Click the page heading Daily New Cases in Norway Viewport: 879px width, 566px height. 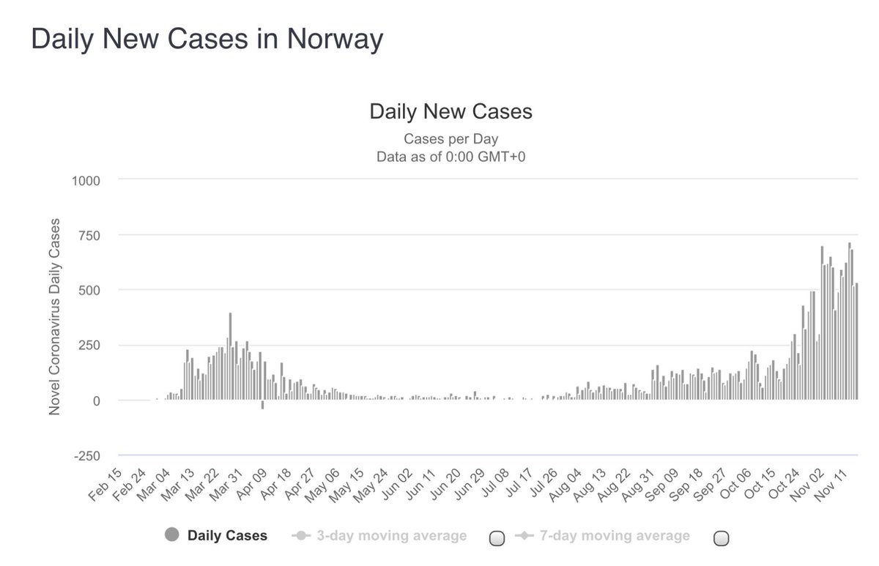[x=207, y=40]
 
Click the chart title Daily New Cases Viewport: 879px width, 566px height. [x=450, y=112]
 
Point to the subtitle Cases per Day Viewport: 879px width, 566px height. [x=450, y=139]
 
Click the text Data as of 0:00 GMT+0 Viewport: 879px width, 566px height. [x=450, y=157]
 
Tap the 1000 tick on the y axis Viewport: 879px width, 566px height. [x=86, y=180]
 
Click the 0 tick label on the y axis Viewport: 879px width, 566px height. [x=97, y=401]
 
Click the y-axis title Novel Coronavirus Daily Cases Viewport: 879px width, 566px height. [x=55, y=317]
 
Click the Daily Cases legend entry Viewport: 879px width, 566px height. [x=227, y=535]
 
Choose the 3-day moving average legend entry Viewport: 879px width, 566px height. [x=390, y=535]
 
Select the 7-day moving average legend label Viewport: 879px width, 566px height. [x=614, y=535]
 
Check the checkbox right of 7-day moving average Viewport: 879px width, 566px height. [x=722, y=538]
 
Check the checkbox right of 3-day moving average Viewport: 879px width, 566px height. [x=497, y=538]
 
